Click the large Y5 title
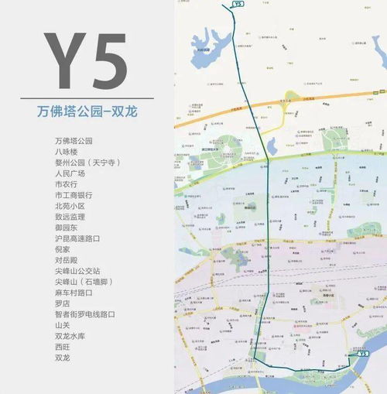(x=85, y=60)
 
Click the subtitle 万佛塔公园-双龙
(x=85, y=111)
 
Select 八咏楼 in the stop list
(x=66, y=152)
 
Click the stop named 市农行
(x=66, y=184)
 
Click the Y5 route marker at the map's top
(x=237, y=5)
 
